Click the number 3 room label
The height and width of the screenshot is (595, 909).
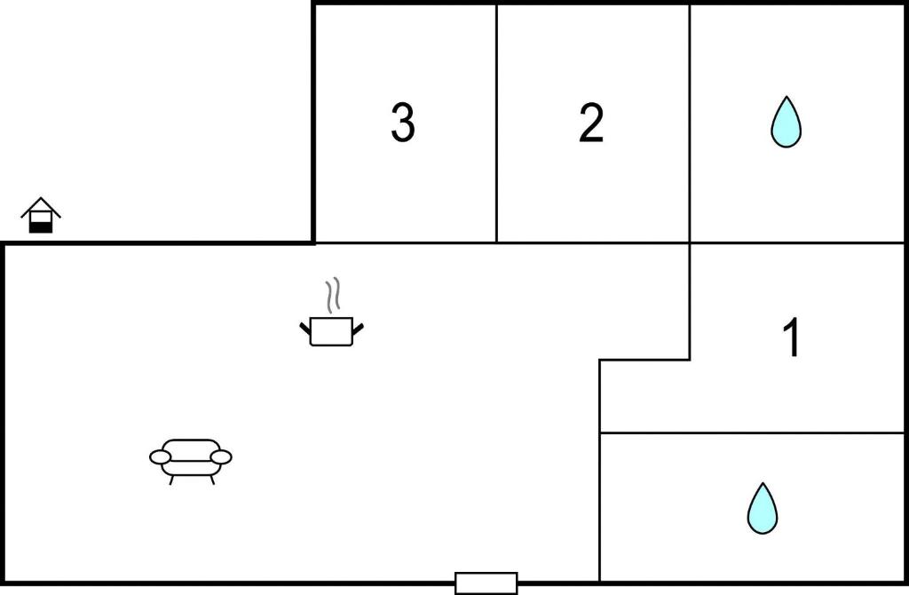point(403,123)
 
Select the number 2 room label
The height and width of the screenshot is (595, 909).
point(591,123)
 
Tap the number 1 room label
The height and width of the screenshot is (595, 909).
point(792,337)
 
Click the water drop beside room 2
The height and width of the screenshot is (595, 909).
point(786,122)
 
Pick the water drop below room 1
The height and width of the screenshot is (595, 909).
point(763,508)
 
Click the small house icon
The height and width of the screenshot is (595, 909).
point(41,215)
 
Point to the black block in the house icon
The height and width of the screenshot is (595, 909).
point(41,227)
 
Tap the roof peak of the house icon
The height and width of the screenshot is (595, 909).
point(41,198)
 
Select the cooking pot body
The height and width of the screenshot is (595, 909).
point(332,332)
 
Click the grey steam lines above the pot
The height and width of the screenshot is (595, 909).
point(332,296)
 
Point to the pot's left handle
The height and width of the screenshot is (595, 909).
point(305,329)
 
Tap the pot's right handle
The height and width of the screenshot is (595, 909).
point(358,329)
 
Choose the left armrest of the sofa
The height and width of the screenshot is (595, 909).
point(160,457)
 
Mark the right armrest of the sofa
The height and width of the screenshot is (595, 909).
point(221,457)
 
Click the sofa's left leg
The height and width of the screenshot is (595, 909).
point(171,480)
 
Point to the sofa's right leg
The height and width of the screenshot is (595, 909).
point(212,480)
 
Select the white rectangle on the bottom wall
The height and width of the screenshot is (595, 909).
point(486,583)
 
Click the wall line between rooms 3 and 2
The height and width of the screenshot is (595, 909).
point(496,123)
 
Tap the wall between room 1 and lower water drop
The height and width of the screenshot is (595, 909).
point(752,432)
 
